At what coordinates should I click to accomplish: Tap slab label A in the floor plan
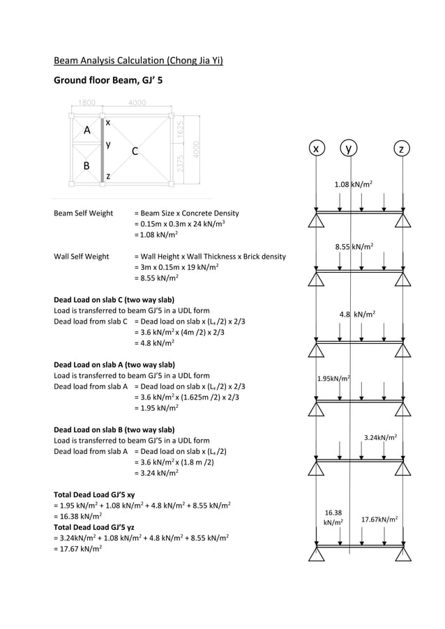pos(87,130)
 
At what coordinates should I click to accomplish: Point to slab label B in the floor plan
pos(86,166)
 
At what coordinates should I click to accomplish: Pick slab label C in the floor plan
pos(135,151)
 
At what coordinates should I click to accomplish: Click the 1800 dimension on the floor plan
pos(86,103)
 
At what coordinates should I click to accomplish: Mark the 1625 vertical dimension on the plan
pos(180,130)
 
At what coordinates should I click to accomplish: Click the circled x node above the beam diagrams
pos(317,149)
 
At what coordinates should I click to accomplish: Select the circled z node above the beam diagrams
pos(401,149)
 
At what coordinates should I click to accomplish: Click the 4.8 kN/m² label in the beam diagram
pos(357,314)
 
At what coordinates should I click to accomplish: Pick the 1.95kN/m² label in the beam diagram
pos(333,379)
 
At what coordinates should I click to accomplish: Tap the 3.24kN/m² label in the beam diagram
pos(381,437)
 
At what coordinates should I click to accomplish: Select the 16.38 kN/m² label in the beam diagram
pos(333,517)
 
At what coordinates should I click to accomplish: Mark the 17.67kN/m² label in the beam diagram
pos(379,520)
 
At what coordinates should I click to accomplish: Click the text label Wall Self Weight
pos(82,257)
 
